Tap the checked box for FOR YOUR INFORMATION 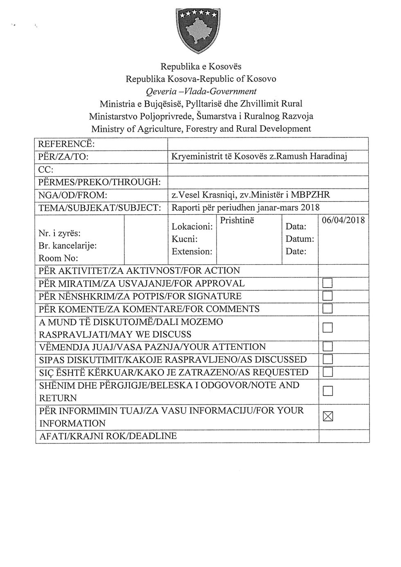tap(328, 417)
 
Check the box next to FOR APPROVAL tap(328, 283)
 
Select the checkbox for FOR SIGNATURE tap(328, 296)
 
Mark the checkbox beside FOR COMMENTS tap(328, 308)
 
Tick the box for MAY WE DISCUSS tap(328, 328)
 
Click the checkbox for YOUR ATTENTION tap(328, 347)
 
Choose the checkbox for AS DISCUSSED tap(328, 360)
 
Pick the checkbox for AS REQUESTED tap(328, 372)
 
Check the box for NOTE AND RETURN tap(328, 391)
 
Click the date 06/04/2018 tap(343, 220)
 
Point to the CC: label tap(46, 169)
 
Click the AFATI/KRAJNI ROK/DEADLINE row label tap(108, 436)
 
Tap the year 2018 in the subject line tap(310, 207)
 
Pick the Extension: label tap(192, 251)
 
